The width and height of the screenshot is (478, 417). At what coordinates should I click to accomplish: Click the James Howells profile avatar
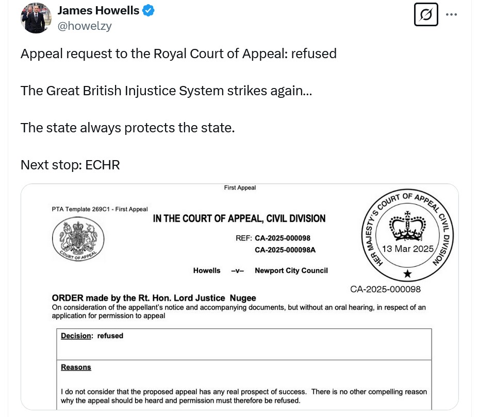click(x=36, y=18)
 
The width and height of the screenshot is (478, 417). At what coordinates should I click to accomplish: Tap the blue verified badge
click(x=149, y=10)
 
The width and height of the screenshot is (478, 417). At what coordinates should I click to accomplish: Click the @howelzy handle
click(x=85, y=26)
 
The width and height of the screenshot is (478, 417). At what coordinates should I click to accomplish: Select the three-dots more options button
click(x=451, y=14)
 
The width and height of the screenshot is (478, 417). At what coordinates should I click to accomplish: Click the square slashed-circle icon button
click(x=426, y=14)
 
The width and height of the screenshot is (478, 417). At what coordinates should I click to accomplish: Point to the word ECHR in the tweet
click(x=103, y=165)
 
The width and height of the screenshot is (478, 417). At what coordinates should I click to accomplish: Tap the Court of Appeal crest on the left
click(x=78, y=240)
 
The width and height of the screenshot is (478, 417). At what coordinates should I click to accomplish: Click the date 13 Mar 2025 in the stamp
click(x=408, y=249)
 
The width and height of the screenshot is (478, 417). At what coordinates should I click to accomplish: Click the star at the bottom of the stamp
click(x=407, y=273)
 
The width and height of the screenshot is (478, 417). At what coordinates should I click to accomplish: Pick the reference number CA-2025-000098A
click(x=285, y=250)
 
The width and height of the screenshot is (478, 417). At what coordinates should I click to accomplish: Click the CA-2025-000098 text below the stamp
click(x=385, y=289)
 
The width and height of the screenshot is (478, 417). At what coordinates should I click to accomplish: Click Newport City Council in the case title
click(x=291, y=270)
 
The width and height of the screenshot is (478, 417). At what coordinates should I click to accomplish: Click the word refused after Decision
click(x=110, y=336)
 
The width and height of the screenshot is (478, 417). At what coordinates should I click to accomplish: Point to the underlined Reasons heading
click(x=76, y=367)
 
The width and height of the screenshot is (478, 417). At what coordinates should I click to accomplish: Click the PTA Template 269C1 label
click(x=100, y=209)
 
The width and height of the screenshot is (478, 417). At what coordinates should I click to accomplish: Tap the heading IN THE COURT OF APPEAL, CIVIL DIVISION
click(x=239, y=219)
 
